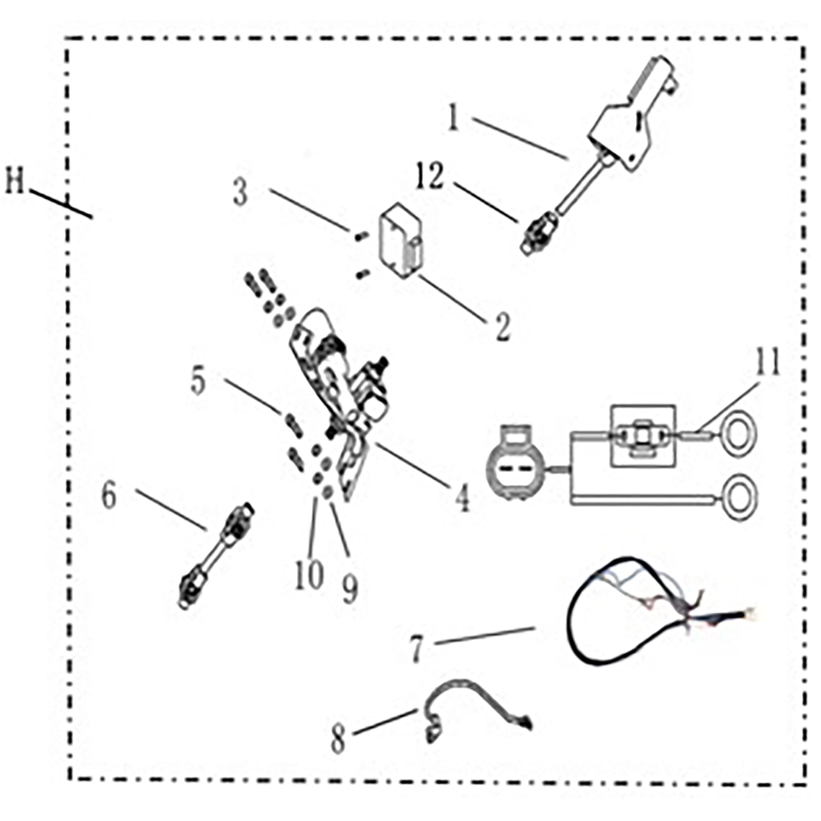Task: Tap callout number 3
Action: (241, 192)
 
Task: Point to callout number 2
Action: (502, 327)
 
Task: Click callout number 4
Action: (462, 498)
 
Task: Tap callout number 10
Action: (310, 574)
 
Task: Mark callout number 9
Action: (350, 589)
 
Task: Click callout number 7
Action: (417, 648)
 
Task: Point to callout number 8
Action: (338, 739)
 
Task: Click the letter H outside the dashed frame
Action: (15, 180)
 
